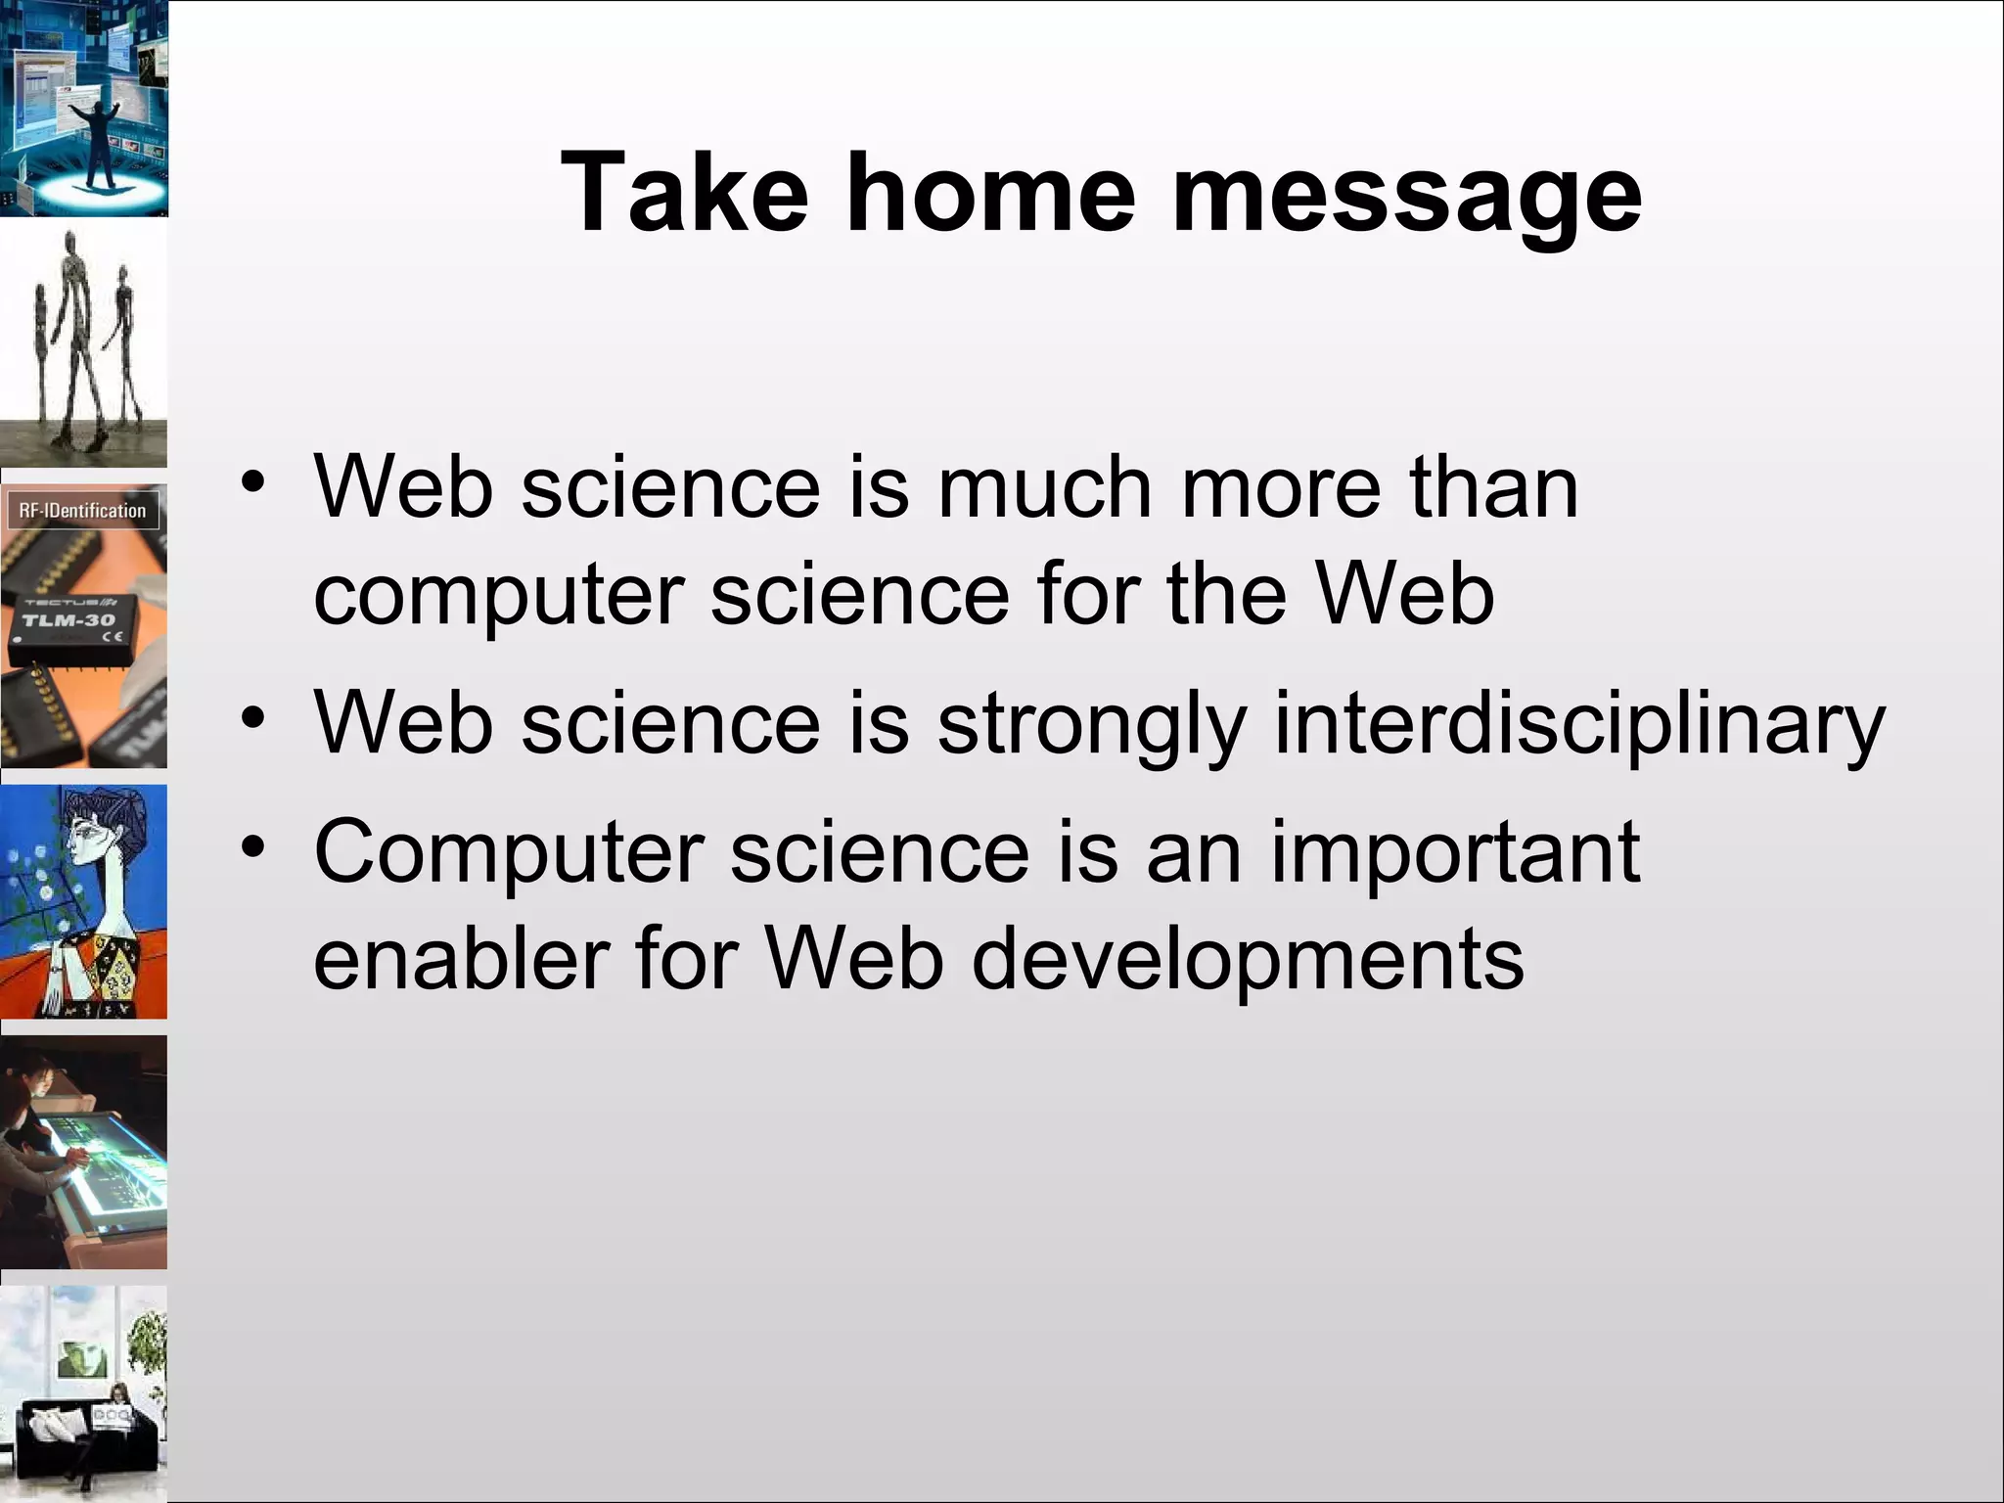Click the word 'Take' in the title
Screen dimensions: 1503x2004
click(x=685, y=193)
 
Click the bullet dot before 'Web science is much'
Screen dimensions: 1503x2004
click(x=253, y=482)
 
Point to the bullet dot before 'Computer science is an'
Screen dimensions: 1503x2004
click(x=253, y=846)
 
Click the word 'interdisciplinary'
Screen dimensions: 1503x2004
click(x=1577, y=724)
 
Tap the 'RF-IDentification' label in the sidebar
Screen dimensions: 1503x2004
click(x=82, y=511)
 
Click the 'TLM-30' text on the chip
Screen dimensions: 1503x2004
click(x=68, y=620)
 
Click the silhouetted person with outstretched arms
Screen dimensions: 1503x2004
click(x=97, y=137)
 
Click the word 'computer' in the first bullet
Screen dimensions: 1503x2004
click(x=499, y=597)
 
